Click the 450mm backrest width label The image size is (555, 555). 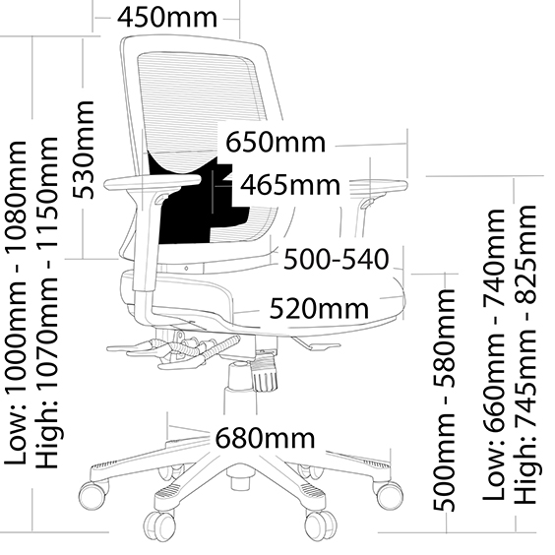(x=167, y=18)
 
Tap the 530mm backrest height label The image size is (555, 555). (x=84, y=150)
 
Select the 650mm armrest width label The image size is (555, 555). (x=276, y=143)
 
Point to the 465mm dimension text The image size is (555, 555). (x=290, y=185)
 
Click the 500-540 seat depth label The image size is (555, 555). (x=337, y=259)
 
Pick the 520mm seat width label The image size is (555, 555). (x=319, y=308)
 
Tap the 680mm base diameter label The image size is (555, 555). (x=265, y=438)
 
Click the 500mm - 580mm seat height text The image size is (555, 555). (x=444, y=400)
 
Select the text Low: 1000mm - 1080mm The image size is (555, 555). (x=16, y=303)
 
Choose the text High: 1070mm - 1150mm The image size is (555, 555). (x=47, y=303)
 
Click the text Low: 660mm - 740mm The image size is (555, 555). (x=493, y=354)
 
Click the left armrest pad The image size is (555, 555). (x=153, y=183)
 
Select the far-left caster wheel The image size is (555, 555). (x=92, y=496)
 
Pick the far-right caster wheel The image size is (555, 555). (x=389, y=495)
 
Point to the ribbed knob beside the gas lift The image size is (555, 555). (x=264, y=373)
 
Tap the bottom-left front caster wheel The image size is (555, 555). (x=158, y=525)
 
